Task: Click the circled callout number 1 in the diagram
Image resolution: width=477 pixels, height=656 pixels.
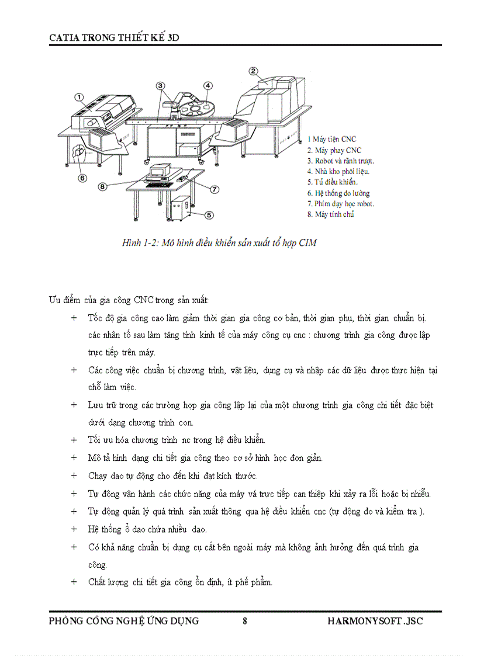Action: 79,98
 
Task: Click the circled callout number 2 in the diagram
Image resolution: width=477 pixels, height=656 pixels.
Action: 253,71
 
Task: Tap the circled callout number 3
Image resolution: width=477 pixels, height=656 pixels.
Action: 160,86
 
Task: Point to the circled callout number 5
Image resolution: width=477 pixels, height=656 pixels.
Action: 209,214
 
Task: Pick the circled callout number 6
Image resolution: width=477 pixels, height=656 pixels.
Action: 82,178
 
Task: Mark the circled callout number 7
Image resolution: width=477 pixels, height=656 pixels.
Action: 215,189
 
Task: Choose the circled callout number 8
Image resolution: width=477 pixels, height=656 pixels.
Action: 102,187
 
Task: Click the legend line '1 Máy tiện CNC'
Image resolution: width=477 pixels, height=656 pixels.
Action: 331,140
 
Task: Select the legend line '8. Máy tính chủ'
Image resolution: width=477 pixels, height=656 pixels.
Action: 330,214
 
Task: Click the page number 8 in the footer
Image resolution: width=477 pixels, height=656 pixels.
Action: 244,621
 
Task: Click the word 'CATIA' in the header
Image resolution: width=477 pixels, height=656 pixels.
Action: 64,37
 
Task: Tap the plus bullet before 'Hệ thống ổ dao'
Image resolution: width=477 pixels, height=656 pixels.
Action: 74,529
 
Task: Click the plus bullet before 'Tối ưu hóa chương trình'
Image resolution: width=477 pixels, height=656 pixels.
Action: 74,440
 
